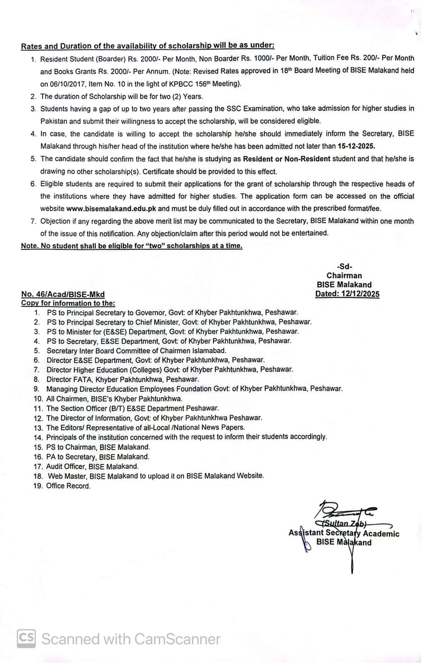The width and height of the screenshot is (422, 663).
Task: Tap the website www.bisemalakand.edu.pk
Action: pos(111,209)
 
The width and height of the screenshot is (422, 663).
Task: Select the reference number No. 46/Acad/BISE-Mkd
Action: pos(63,294)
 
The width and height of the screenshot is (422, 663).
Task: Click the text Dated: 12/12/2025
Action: pos(347,294)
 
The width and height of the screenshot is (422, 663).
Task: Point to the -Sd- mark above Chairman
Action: pos(344,266)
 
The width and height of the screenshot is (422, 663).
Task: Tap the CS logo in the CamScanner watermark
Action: pos(26,639)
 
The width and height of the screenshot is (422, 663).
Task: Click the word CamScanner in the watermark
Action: pos(177,639)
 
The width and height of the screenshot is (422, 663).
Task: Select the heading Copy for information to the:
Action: pos(68,303)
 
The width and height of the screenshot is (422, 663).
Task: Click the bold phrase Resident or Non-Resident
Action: pos(287,159)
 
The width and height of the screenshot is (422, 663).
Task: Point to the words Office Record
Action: pos(68,486)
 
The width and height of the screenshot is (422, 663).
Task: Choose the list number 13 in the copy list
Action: pos(38,428)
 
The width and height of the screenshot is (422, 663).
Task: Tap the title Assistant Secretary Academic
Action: pos(344,533)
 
